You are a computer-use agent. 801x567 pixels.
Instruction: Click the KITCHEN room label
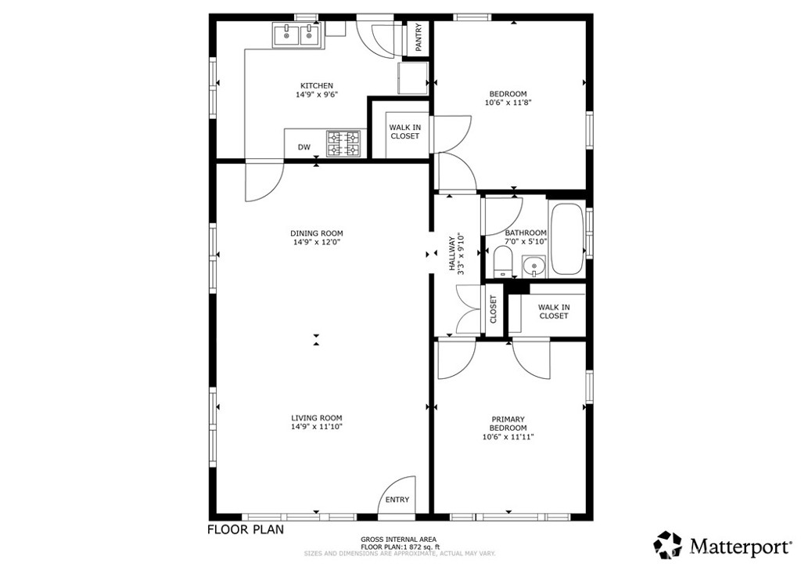click(317, 86)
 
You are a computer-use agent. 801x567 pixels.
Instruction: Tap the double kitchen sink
click(298, 35)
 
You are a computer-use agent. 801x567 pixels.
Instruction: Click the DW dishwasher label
click(304, 147)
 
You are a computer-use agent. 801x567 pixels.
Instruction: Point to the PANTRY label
click(418, 38)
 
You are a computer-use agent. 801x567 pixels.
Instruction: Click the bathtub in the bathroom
click(566, 238)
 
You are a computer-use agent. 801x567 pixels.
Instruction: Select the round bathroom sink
click(534, 266)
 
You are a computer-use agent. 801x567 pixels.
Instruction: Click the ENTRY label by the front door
click(397, 500)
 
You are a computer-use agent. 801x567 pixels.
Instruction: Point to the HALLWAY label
click(452, 253)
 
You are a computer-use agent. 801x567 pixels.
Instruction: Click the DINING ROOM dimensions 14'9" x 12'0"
click(317, 243)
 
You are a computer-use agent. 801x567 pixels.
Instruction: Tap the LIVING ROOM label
click(317, 418)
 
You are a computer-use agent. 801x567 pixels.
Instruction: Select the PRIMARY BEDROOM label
click(508, 424)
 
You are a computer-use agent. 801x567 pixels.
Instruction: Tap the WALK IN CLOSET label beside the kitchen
click(404, 132)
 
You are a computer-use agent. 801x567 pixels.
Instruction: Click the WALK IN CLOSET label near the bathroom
click(553, 312)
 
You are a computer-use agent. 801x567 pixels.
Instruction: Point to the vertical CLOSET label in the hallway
click(493, 309)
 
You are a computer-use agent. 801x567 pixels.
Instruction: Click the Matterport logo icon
click(667, 544)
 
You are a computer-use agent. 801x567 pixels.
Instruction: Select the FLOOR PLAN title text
click(245, 529)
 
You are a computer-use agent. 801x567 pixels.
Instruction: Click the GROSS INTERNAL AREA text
click(399, 540)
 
